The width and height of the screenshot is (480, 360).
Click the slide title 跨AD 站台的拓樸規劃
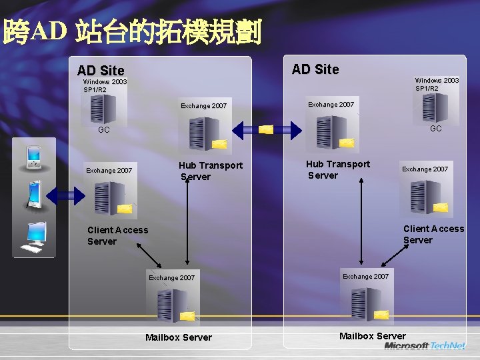(x=132, y=31)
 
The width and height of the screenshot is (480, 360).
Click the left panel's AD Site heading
(x=101, y=70)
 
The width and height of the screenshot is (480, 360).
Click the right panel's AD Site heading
(x=315, y=69)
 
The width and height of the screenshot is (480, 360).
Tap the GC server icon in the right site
(x=435, y=107)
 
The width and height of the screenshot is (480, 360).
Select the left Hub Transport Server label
(x=210, y=171)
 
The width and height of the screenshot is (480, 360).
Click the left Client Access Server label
(x=117, y=235)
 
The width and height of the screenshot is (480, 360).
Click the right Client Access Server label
(x=433, y=234)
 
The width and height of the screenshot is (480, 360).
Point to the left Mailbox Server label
(x=179, y=337)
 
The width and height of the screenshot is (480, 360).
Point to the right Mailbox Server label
(x=372, y=335)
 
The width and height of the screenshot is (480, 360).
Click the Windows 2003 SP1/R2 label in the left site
(x=105, y=85)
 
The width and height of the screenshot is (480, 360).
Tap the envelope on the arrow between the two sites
(x=265, y=129)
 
